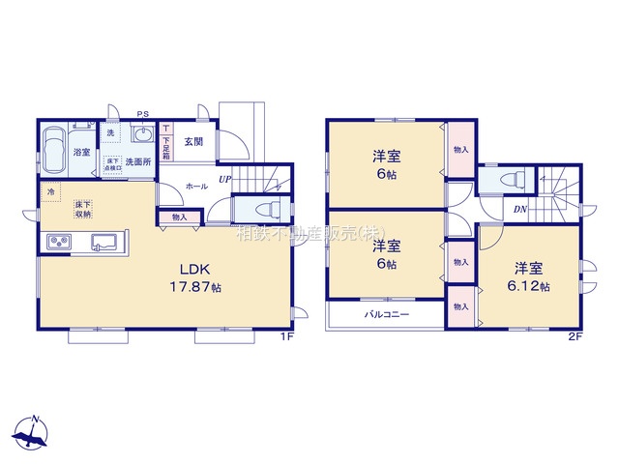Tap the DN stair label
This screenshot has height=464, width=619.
[519, 209]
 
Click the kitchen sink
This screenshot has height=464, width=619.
[103, 242]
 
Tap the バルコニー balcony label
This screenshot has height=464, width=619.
[387, 315]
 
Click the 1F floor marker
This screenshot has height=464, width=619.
[286, 337]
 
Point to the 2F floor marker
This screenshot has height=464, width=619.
[575, 337]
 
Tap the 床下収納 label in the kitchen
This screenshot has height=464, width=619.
[83, 209]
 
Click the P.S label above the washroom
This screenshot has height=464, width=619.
[142, 113]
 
